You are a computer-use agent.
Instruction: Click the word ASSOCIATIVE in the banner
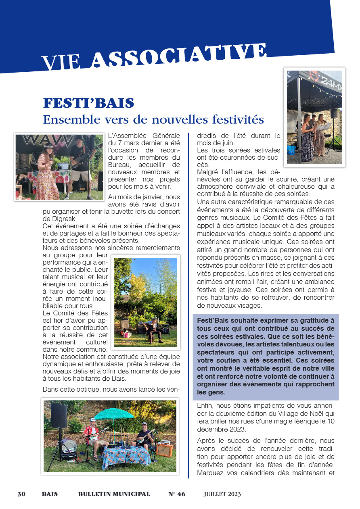[180, 56]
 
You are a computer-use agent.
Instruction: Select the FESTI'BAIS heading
[88, 103]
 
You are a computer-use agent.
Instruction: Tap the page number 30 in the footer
[21, 494]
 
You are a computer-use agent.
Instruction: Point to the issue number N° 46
[177, 494]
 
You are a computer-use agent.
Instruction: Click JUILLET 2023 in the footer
[222, 494]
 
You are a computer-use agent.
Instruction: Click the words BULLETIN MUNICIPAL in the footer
[114, 494]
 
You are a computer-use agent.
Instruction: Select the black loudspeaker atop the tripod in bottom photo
[59, 416]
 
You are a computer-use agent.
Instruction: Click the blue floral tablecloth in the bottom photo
[126, 456]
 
